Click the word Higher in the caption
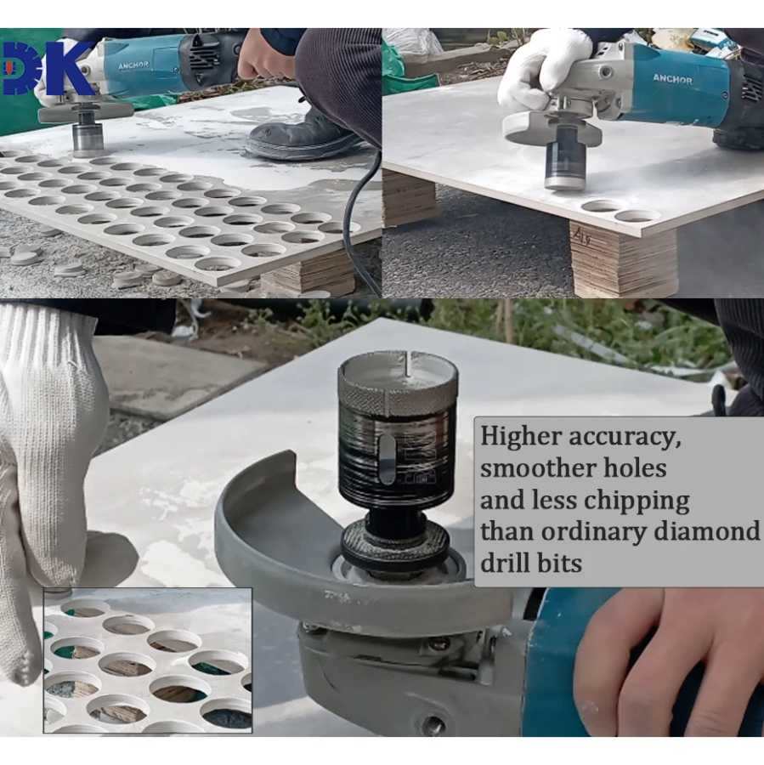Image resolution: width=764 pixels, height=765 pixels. click(x=521, y=436)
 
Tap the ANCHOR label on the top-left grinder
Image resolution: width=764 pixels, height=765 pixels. click(x=133, y=65)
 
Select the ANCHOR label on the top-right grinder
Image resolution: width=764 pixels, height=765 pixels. click(x=672, y=78)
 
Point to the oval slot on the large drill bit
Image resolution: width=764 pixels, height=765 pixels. click(x=388, y=459)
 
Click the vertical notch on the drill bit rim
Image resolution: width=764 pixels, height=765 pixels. click(x=406, y=364)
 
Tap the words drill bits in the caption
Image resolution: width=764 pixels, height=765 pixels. click(x=531, y=563)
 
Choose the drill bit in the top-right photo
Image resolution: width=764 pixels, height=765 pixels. click(x=564, y=163)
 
